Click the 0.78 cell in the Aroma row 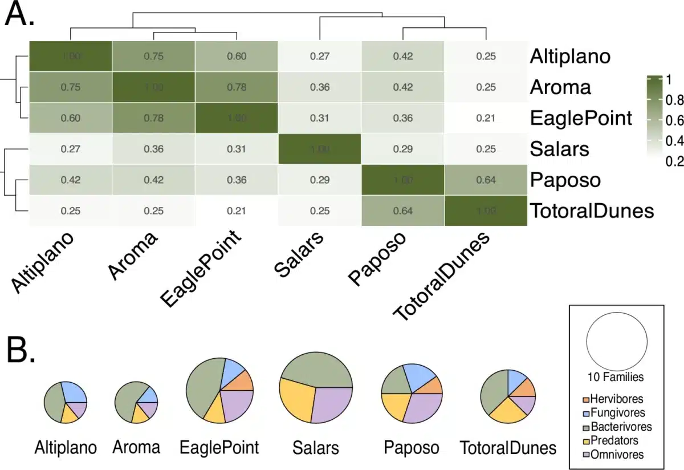tap(237, 87)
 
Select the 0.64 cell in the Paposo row tap(485, 180)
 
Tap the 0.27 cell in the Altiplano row tap(319, 56)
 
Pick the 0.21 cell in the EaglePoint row tap(485, 118)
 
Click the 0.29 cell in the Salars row tap(402, 149)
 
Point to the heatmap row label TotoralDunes tap(591, 210)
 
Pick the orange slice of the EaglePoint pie tap(243, 381)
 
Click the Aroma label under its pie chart tap(136, 447)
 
